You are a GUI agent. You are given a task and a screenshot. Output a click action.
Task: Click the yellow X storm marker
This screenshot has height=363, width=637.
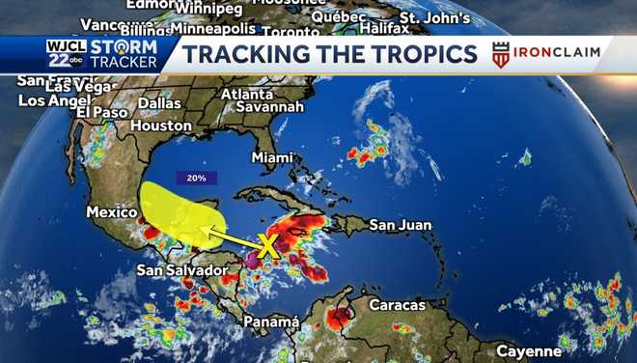(x=268, y=248)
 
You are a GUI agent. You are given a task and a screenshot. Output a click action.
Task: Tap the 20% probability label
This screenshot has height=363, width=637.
(x=196, y=178)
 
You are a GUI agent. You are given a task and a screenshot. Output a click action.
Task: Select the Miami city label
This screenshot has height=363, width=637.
(x=271, y=156)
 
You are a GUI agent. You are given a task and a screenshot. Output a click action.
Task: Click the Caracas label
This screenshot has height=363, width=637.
(x=395, y=305)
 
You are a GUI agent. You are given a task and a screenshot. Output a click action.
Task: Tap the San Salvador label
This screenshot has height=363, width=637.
(x=181, y=270)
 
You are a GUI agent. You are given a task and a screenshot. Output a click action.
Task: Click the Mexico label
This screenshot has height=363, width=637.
(x=108, y=211)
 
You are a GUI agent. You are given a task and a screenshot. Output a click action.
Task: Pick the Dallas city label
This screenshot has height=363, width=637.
(x=159, y=103)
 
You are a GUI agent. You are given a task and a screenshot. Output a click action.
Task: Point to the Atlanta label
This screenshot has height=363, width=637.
(x=247, y=94)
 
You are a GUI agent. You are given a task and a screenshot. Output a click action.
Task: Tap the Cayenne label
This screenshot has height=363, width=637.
(x=529, y=350)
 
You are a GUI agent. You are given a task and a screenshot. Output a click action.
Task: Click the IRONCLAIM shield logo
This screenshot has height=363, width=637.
(x=500, y=55)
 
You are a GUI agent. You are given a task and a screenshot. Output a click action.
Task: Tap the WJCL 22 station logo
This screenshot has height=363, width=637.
(x=67, y=53)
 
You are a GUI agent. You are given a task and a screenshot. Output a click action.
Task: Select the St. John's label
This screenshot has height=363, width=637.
(x=434, y=17)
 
